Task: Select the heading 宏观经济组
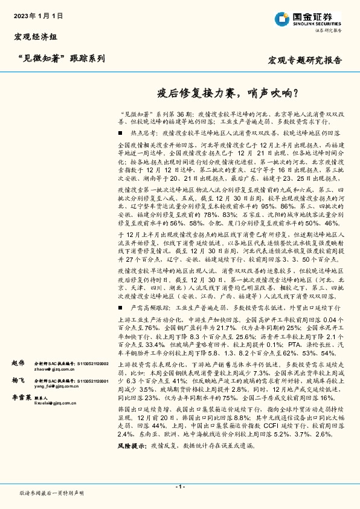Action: click(35, 37)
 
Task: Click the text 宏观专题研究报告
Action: click(304, 60)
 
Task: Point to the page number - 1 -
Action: click(179, 487)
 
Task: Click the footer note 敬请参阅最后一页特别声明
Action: click(52, 493)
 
